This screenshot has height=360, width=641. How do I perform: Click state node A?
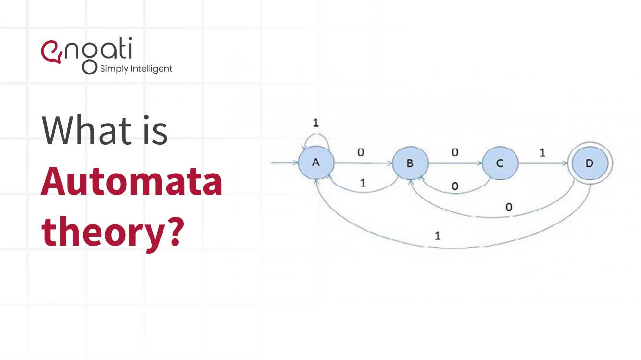(x=316, y=162)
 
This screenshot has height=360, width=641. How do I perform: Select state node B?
(x=410, y=163)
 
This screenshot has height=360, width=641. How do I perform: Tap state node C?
(x=500, y=163)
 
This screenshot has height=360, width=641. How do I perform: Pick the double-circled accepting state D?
(x=590, y=163)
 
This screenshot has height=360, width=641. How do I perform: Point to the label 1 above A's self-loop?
(x=315, y=123)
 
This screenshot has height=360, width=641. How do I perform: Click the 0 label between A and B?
(x=361, y=152)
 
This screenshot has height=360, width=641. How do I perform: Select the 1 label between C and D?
(x=542, y=153)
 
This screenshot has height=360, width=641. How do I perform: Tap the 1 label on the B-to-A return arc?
(x=363, y=183)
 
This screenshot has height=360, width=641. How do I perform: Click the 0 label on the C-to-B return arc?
(x=455, y=186)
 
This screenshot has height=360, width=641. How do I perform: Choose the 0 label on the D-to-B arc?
(x=509, y=207)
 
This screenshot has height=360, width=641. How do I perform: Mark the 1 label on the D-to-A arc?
(x=437, y=236)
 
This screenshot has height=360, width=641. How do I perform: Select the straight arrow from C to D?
(x=542, y=163)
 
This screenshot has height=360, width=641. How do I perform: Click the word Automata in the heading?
(x=131, y=183)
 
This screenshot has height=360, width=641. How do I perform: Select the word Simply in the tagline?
(x=114, y=69)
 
